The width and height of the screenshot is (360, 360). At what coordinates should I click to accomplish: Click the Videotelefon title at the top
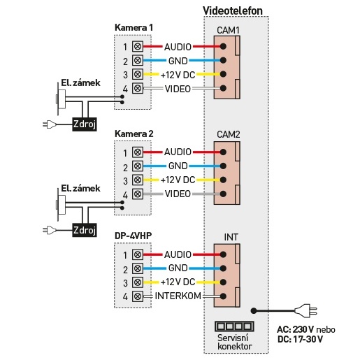point(233,10)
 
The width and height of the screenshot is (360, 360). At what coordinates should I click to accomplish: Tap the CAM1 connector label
point(228,30)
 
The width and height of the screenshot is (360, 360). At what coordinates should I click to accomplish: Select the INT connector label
point(231,237)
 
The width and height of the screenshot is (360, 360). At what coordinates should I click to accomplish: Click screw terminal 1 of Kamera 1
point(138,46)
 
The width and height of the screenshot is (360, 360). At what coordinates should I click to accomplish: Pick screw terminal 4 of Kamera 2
point(138,194)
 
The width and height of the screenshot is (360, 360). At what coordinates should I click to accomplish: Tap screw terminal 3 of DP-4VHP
point(138,282)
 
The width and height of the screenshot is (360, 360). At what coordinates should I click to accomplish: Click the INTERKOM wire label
point(178,296)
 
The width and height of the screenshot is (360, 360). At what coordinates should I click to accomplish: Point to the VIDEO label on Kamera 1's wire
point(178,89)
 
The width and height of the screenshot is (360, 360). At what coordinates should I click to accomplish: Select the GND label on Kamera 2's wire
point(178,166)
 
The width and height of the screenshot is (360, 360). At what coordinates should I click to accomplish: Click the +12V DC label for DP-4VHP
point(178,282)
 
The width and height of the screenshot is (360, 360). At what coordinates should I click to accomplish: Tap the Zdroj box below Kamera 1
point(85,124)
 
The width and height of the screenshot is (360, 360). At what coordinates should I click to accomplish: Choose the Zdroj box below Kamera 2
point(85,230)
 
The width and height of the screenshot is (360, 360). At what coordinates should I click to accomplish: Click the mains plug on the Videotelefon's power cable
point(305,310)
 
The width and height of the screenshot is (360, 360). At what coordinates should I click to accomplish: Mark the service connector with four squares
point(234,326)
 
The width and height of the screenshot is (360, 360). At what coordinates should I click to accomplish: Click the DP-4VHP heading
point(133,236)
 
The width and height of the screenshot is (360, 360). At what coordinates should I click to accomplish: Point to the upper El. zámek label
point(80,82)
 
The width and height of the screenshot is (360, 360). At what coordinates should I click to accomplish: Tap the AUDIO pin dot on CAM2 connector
point(223,152)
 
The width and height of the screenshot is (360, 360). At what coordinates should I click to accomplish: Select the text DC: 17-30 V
point(300,339)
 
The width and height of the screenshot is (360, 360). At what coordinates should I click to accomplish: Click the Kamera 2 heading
point(134,134)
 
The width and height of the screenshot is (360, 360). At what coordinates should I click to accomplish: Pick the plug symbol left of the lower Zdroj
point(50,230)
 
